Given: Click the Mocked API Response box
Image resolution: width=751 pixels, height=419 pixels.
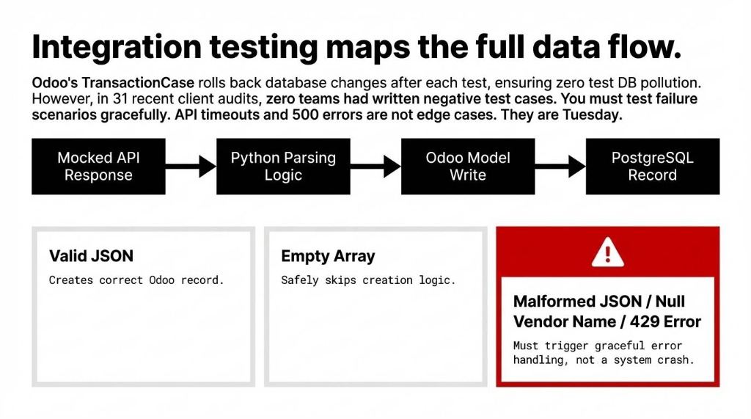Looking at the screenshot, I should click(x=98, y=167).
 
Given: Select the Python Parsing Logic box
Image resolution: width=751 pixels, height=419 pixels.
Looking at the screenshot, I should click(x=283, y=167).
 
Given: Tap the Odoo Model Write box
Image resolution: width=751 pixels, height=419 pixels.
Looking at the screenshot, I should click(x=468, y=167).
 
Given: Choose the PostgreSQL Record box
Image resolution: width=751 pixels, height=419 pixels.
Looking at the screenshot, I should click(x=652, y=167).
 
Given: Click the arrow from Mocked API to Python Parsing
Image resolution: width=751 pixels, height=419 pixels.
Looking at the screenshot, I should click(x=191, y=167).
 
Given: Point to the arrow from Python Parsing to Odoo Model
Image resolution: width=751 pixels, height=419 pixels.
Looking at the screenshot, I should click(x=375, y=167).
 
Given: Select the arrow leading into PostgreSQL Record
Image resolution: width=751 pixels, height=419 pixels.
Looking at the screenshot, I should click(x=560, y=167).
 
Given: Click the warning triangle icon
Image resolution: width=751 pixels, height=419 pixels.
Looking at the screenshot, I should click(x=607, y=253).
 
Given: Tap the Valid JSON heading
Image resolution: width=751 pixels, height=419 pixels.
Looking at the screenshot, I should click(x=91, y=256).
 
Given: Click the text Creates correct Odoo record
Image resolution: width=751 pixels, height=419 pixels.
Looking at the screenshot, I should click(x=136, y=280).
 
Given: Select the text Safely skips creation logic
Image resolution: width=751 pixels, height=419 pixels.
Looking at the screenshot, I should click(x=368, y=280).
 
